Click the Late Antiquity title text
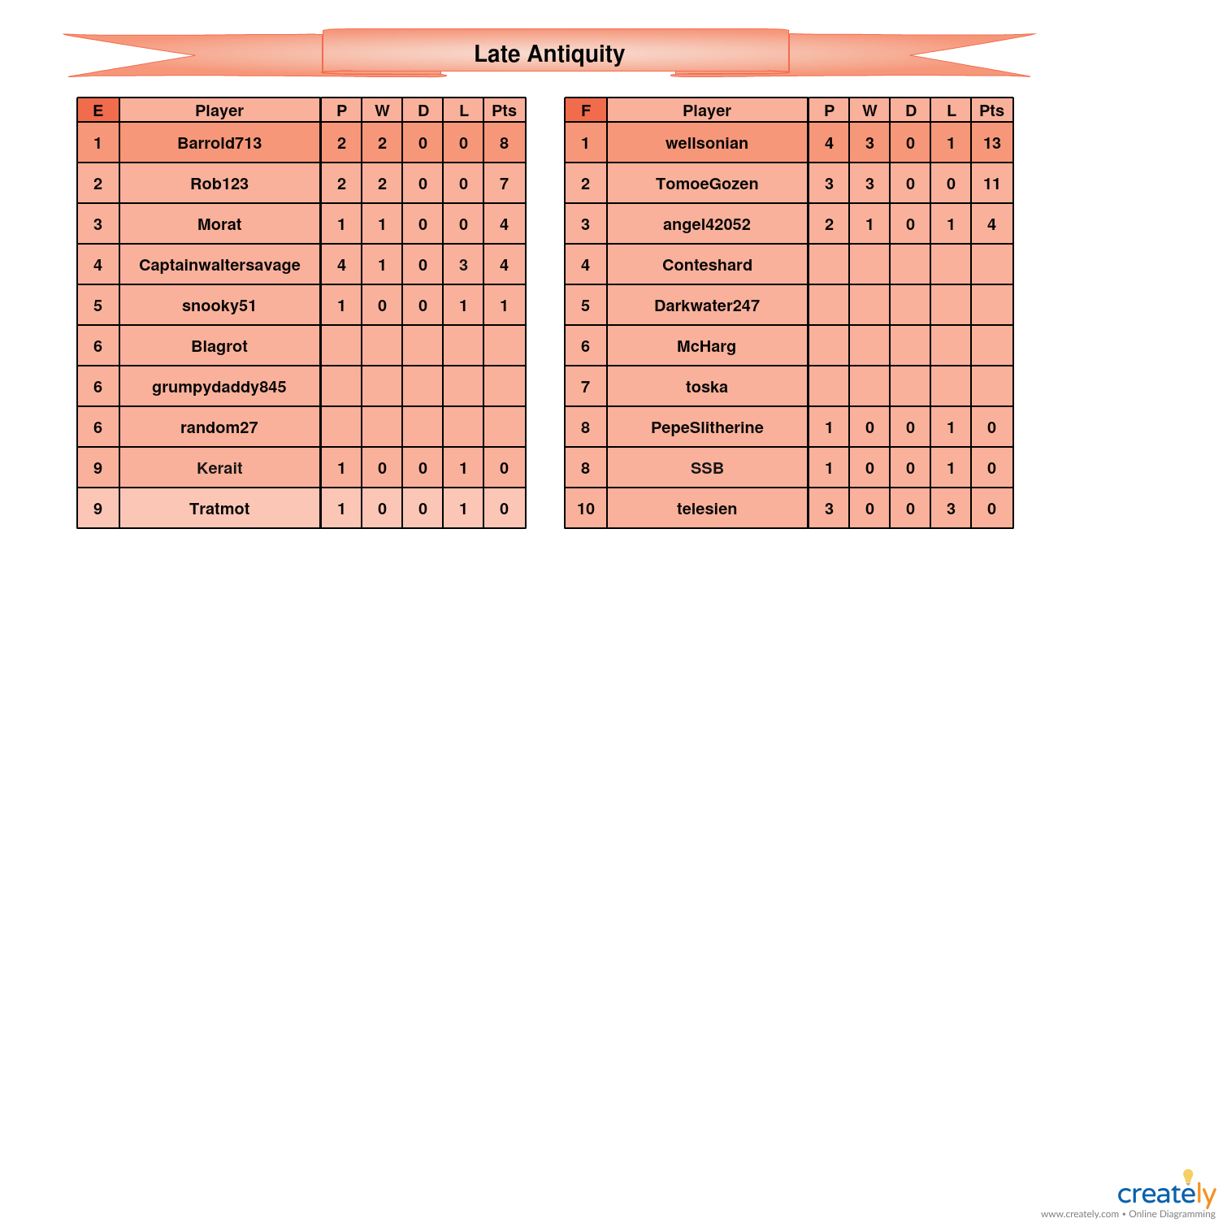point(549,54)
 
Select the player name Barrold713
point(219,143)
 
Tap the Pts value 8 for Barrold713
point(504,143)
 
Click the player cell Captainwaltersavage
point(219,265)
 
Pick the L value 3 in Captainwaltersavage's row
point(463,265)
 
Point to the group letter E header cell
point(98,111)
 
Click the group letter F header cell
point(586,111)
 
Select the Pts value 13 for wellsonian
point(991,143)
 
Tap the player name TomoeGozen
point(707,184)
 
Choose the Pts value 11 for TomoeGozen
point(991,184)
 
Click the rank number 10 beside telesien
point(586,509)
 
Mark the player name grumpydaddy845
point(219,387)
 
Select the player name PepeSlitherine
point(707,427)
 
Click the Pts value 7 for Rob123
point(504,184)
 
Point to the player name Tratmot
point(219,509)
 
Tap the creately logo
point(1166,1193)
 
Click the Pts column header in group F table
point(991,111)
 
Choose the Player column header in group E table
point(219,111)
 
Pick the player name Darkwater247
point(707,306)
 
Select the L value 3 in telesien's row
point(951,509)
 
